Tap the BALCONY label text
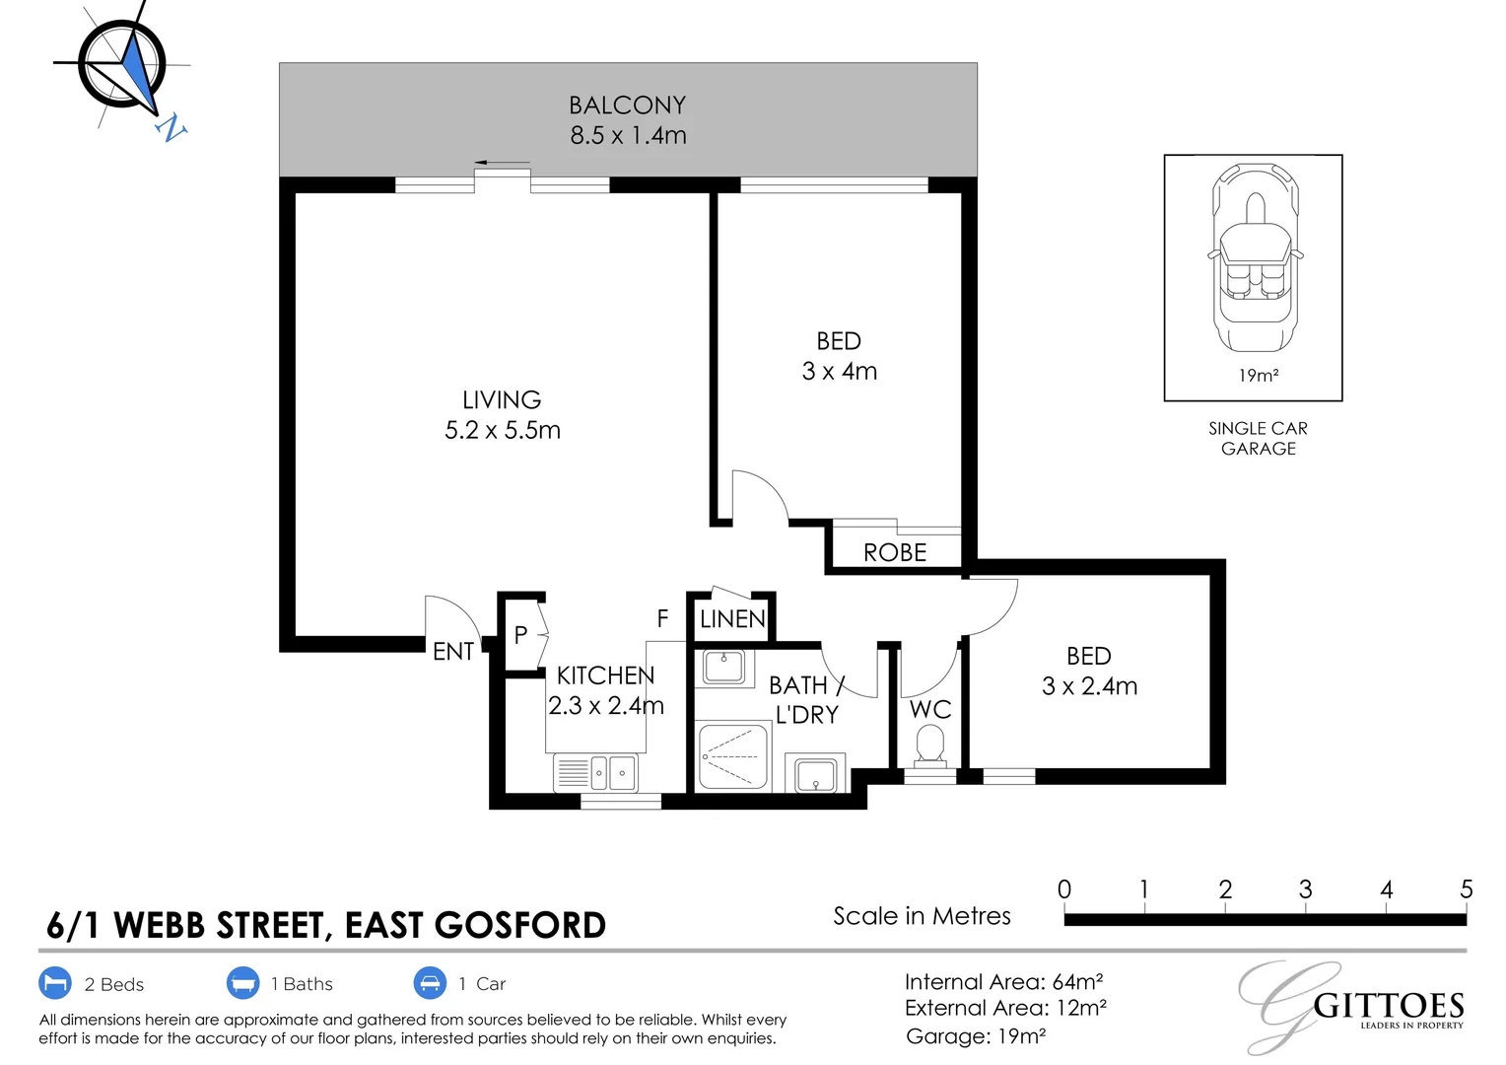[627, 106]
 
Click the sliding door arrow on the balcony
[502, 163]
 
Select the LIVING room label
[502, 399]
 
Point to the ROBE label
[895, 553]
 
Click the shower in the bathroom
[732, 756]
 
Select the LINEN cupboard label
[732, 619]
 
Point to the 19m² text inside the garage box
[1258, 376]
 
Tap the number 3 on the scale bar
[1305, 889]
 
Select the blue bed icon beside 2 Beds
[55, 983]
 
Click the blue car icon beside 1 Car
[430, 983]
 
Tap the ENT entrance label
[452, 652]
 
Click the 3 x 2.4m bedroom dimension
[1089, 686]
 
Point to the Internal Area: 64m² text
[1003, 982]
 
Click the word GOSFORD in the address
[519, 926]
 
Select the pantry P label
[520, 636]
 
